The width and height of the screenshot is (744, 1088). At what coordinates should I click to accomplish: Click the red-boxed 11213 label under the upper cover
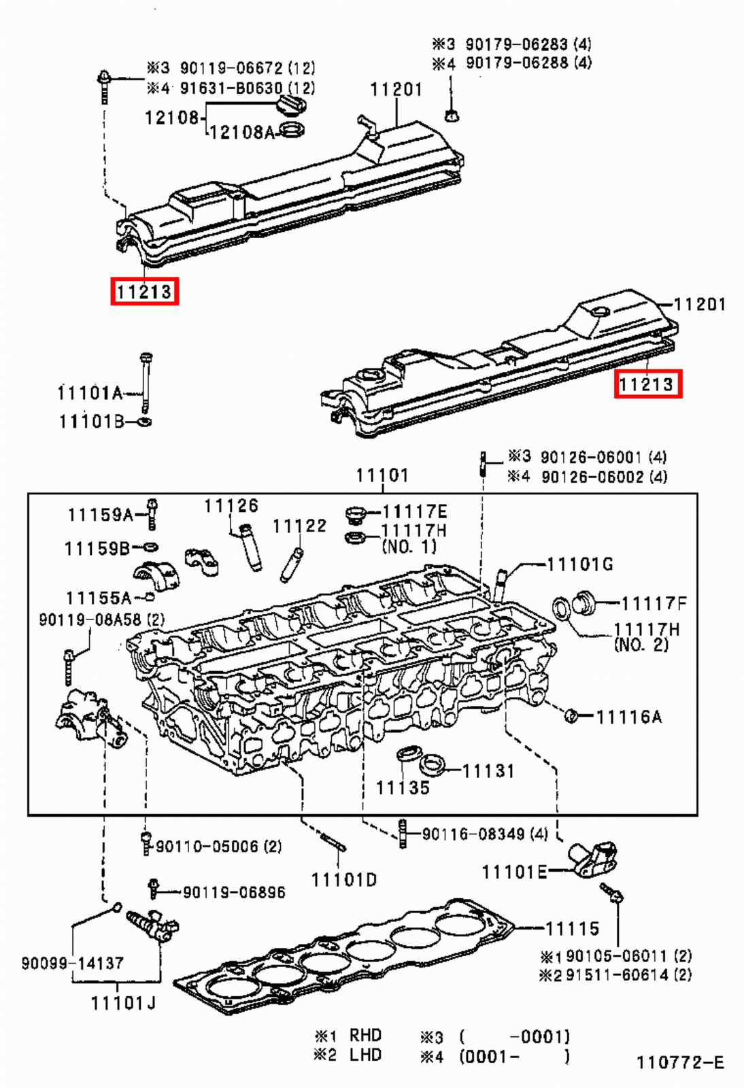[x=144, y=292]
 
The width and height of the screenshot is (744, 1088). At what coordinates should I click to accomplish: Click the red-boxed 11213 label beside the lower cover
[x=647, y=385]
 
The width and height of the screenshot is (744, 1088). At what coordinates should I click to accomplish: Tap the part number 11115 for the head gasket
[x=572, y=928]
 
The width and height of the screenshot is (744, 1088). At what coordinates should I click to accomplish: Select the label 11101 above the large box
[x=382, y=475]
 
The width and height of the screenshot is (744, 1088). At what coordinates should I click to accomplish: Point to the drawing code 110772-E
[x=680, y=1062]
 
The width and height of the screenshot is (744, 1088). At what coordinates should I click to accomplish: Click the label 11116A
[x=628, y=716]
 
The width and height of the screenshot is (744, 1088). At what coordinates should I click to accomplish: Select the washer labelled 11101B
[x=144, y=422]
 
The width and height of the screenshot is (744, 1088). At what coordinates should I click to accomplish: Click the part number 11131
[x=488, y=770]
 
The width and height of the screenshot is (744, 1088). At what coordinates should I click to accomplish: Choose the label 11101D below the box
[x=343, y=879]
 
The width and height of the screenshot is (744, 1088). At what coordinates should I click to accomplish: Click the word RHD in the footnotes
[x=365, y=1035]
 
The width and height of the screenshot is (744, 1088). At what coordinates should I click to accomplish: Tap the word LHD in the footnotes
[x=365, y=1055]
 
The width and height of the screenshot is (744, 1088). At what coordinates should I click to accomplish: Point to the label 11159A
[x=101, y=515]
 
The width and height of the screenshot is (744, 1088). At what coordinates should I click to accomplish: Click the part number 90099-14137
[x=72, y=963]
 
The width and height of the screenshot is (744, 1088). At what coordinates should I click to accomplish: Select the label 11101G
[x=579, y=564]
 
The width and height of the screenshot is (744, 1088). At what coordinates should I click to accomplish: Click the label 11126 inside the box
[x=231, y=505]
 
